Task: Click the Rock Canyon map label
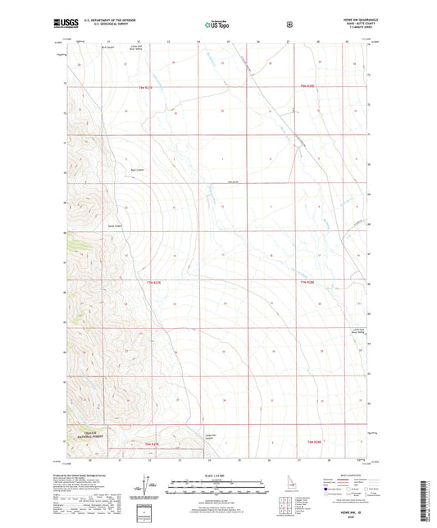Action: click(x=127, y=170)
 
